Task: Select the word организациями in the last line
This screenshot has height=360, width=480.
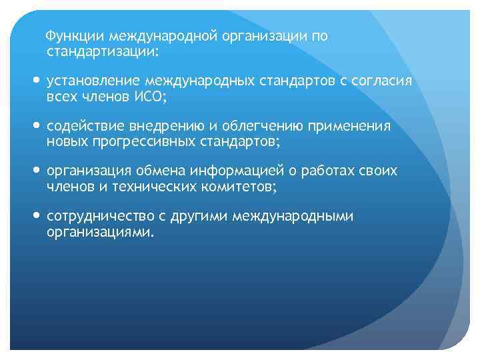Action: point(98,231)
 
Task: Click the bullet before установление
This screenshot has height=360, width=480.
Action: point(36,81)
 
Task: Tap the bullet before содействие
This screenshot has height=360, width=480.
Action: point(36,127)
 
